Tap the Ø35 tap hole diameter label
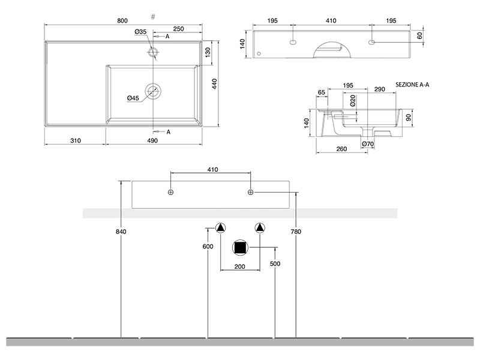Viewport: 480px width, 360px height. pos(141,31)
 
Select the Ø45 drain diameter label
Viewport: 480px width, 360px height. pos(133,98)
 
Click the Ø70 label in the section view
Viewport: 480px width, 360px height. pos(367,144)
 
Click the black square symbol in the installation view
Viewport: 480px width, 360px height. pos(241,247)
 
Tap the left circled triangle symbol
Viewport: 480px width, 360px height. pos(221,228)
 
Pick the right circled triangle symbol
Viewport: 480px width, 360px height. pos(259,228)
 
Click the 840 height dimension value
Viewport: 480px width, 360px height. pos(122,231)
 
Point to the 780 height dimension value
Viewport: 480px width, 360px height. pos(295,231)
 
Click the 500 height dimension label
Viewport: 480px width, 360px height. pos(275,263)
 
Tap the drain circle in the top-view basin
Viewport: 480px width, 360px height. pos(154,92)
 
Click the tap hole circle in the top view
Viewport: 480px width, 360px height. pos(154,52)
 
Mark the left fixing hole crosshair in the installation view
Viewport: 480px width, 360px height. pos(171,192)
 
